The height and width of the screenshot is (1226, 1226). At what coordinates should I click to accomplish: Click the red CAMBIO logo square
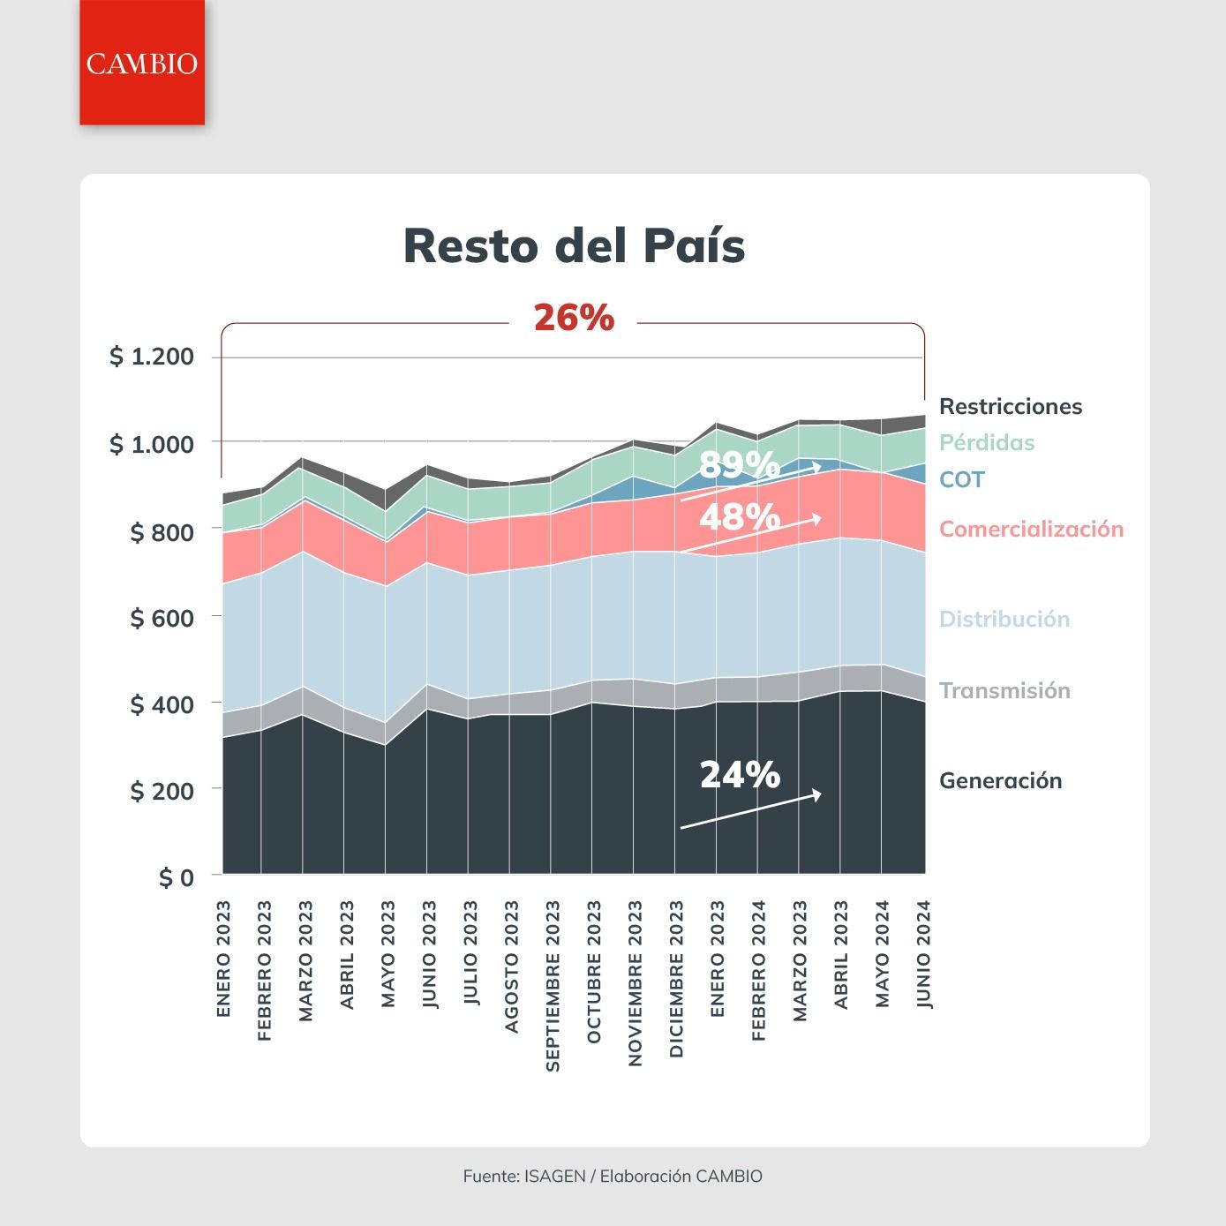(142, 62)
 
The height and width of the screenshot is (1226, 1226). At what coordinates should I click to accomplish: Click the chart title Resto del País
(574, 245)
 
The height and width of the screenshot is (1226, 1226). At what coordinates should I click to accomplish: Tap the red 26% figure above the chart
(574, 318)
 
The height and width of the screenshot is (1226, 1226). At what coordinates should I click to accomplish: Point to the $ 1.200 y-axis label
(152, 357)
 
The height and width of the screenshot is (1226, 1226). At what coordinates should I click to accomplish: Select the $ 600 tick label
(162, 618)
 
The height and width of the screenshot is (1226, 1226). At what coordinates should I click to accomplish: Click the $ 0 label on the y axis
(177, 878)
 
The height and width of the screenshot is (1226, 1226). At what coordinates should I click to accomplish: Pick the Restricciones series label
(1011, 407)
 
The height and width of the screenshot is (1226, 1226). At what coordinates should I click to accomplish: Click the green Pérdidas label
(987, 442)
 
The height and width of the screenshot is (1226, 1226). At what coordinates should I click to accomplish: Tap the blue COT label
(962, 479)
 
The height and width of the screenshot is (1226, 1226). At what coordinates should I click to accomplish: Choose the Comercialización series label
(1031, 530)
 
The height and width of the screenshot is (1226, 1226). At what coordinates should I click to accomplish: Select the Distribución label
(1004, 619)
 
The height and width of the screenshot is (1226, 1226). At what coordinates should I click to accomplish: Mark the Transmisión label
(1004, 690)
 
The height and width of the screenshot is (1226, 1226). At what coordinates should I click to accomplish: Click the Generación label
(1001, 780)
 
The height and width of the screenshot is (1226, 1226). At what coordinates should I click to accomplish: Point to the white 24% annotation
(740, 775)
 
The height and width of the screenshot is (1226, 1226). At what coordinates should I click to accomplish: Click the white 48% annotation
(740, 516)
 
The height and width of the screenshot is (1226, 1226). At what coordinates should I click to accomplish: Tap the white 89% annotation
(740, 464)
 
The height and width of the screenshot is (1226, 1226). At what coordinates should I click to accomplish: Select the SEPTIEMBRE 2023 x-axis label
(553, 986)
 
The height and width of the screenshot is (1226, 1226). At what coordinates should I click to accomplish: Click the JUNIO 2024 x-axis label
(924, 954)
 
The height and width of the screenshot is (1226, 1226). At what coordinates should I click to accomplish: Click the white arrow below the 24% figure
(751, 810)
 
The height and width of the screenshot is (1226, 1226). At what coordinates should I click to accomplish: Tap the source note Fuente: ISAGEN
(524, 1176)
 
